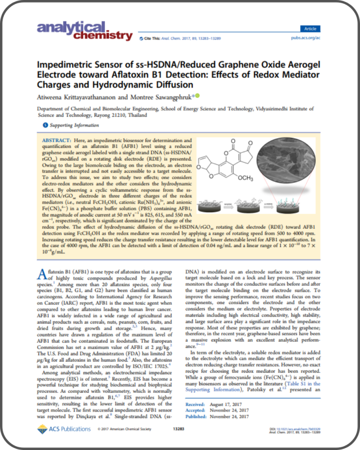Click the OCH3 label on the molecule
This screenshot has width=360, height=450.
[x=257, y=179]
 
